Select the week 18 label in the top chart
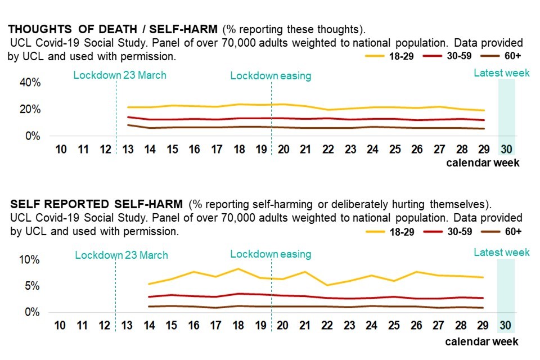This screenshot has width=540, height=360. [x=239, y=149]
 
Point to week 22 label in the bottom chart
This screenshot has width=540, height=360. [x=328, y=326]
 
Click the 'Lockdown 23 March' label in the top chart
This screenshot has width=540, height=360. [x=120, y=75]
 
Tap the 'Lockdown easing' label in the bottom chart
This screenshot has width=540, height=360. [x=271, y=254]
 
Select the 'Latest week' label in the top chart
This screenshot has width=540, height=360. [x=501, y=73]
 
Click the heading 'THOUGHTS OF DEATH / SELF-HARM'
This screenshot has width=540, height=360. [x=113, y=28]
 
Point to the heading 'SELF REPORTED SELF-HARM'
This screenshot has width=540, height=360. [x=96, y=203]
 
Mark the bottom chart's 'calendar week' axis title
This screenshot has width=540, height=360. [x=482, y=341]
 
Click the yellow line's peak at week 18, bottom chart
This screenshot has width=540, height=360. [x=238, y=269]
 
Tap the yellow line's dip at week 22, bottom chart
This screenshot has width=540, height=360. [x=328, y=285]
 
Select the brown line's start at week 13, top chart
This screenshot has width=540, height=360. [x=129, y=125]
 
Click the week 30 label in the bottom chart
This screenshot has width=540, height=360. [x=505, y=326]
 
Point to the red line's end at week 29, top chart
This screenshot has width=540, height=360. [x=483, y=120]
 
